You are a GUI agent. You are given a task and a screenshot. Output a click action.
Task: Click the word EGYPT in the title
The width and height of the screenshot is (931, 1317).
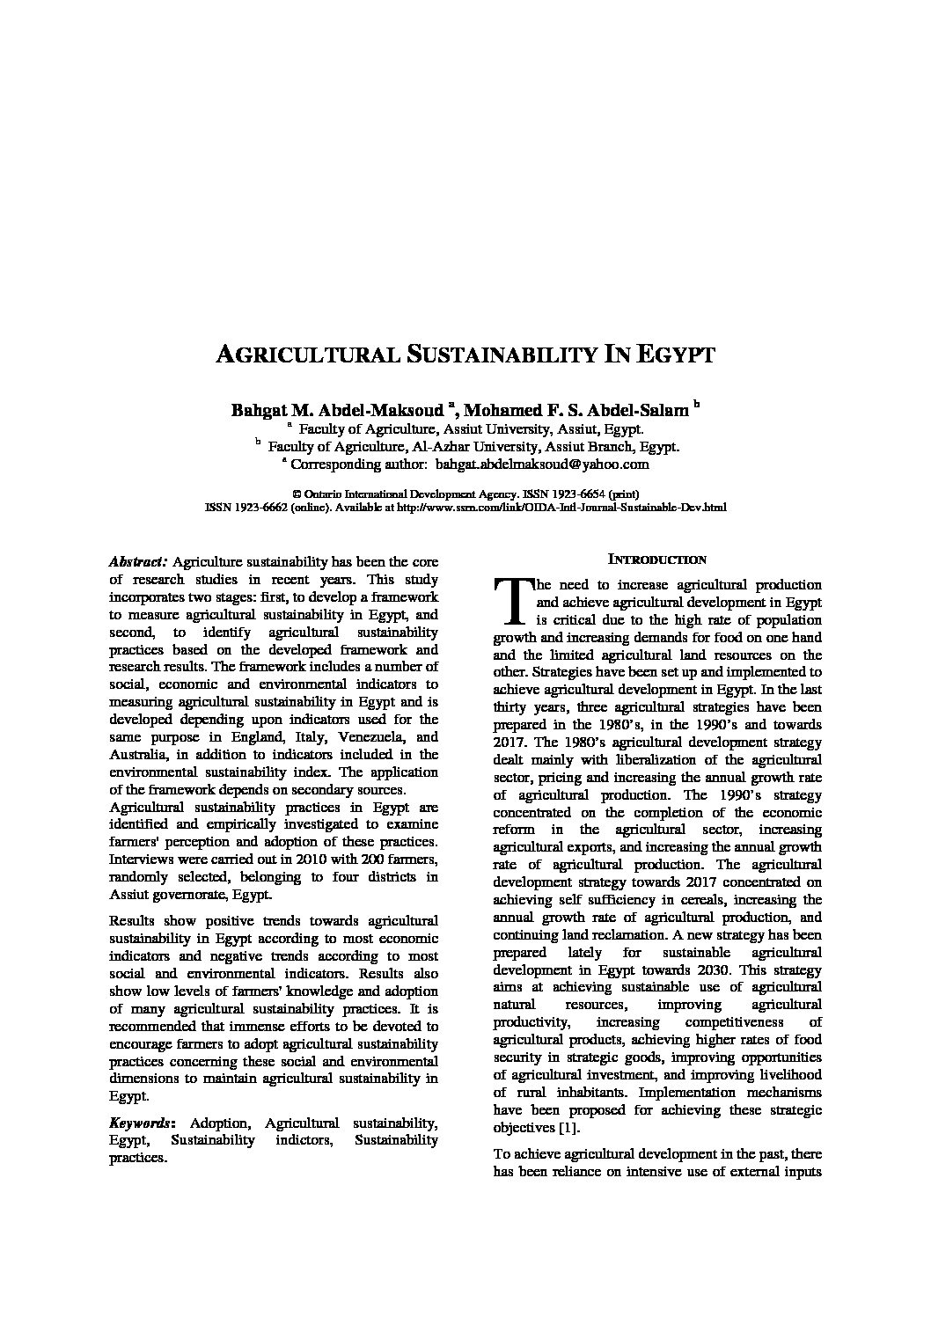click(672, 355)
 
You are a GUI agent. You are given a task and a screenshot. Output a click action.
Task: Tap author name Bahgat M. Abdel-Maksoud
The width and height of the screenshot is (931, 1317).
click(337, 410)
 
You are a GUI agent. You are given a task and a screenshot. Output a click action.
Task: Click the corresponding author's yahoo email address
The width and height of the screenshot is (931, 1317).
click(542, 464)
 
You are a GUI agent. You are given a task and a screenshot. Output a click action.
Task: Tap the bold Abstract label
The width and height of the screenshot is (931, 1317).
click(138, 561)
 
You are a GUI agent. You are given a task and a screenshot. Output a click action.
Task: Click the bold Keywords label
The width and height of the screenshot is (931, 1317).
click(141, 1123)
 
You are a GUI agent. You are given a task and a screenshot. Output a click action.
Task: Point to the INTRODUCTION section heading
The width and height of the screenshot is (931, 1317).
click(657, 560)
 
